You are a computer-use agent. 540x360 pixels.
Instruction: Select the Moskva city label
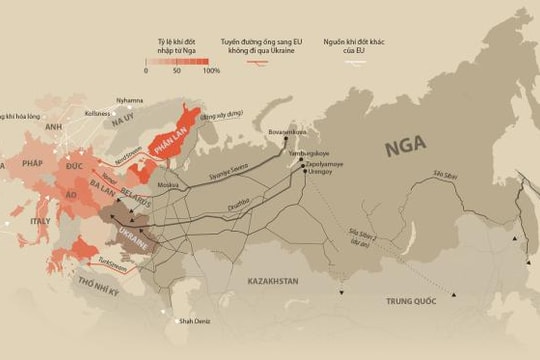(x=168, y=185)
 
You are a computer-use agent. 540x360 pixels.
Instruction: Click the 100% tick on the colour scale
(x=212, y=72)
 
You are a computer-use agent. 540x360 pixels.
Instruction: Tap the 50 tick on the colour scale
(x=178, y=72)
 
